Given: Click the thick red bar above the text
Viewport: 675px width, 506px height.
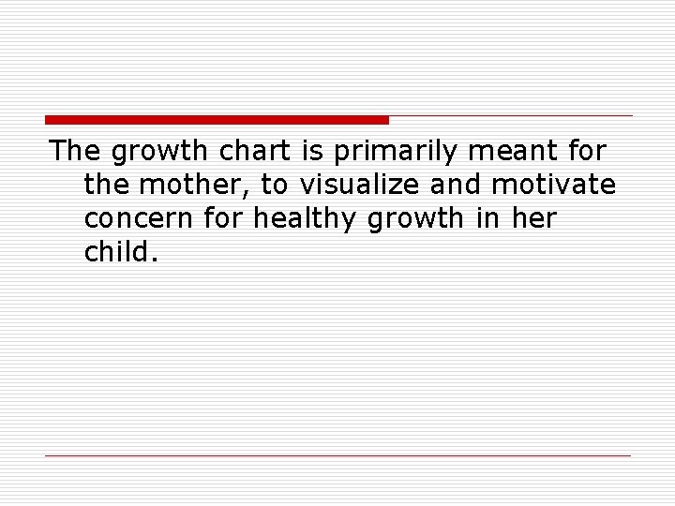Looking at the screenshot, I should [217, 120].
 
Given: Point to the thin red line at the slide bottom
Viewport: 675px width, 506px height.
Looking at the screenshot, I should [338, 455].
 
